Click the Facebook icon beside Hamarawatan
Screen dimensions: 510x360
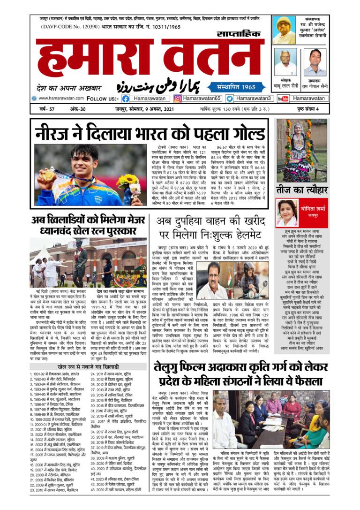pyautogui.click(x=126, y=99)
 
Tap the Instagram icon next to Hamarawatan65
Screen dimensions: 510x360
pyautogui.click(x=178, y=99)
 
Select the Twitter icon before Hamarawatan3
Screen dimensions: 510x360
pyautogui.click(x=230, y=99)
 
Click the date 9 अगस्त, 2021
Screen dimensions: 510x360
pyautogui.click(x=155, y=110)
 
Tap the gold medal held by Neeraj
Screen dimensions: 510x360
pyautogui.click(x=48, y=175)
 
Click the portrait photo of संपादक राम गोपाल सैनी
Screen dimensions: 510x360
pyautogui.click(x=315, y=61)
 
